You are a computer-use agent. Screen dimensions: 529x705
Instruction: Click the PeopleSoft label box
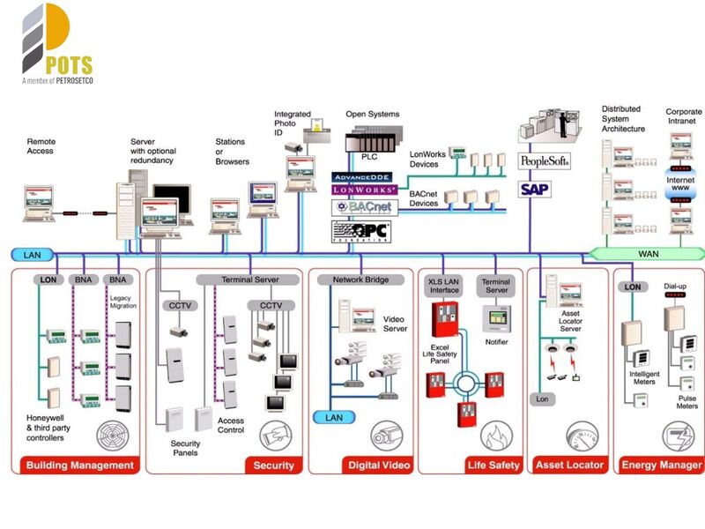[x=544, y=162]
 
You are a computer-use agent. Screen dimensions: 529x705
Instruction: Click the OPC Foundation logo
[x=360, y=232]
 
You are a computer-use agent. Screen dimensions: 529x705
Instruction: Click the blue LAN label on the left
[x=33, y=255]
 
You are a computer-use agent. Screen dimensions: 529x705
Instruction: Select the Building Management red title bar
[x=79, y=465]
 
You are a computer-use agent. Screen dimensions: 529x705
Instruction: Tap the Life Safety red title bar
[x=493, y=465]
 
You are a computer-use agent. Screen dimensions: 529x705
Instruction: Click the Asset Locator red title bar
[x=569, y=465]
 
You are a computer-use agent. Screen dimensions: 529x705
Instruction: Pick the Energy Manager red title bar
[x=661, y=465]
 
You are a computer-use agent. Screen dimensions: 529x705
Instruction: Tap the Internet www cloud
[x=679, y=184]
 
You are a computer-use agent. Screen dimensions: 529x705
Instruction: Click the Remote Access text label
[x=41, y=146]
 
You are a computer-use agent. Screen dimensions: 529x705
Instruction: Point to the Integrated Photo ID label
[x=292, y=123]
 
